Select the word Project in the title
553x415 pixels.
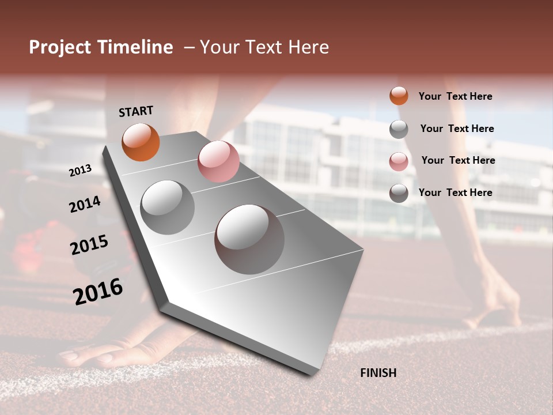[60, 47]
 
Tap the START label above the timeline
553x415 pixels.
[136, 111]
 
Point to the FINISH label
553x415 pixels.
[378, 373]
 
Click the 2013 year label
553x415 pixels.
[81, 171]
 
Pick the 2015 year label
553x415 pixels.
[89, 244]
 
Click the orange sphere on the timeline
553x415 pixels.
[141, 142]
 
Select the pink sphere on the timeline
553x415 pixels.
[218, 161]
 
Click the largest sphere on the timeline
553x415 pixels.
[249, 239]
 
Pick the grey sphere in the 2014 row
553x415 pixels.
[167, 207]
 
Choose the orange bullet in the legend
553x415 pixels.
[399, 96]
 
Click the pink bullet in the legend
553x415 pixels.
[399, 161]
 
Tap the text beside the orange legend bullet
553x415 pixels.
[455, 96]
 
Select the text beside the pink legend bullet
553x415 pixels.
[458, 160]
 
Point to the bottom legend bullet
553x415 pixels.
[399, 193]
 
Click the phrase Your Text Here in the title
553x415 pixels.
[264, 47]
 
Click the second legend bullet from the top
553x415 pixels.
[399, 129]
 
